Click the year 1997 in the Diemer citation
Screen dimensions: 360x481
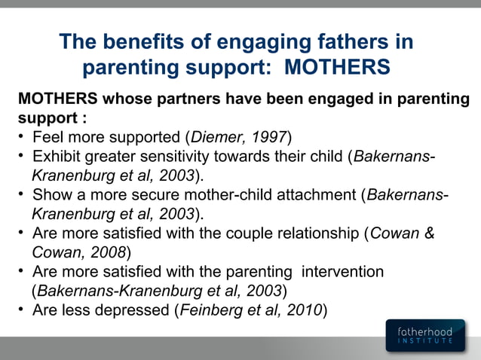click(x=269, y=138)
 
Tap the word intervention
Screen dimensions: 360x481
click(x=345, y=271)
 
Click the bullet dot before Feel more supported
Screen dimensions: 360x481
click(x=23, y=138)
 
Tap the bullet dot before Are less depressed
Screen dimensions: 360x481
click(x=23, y=310)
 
